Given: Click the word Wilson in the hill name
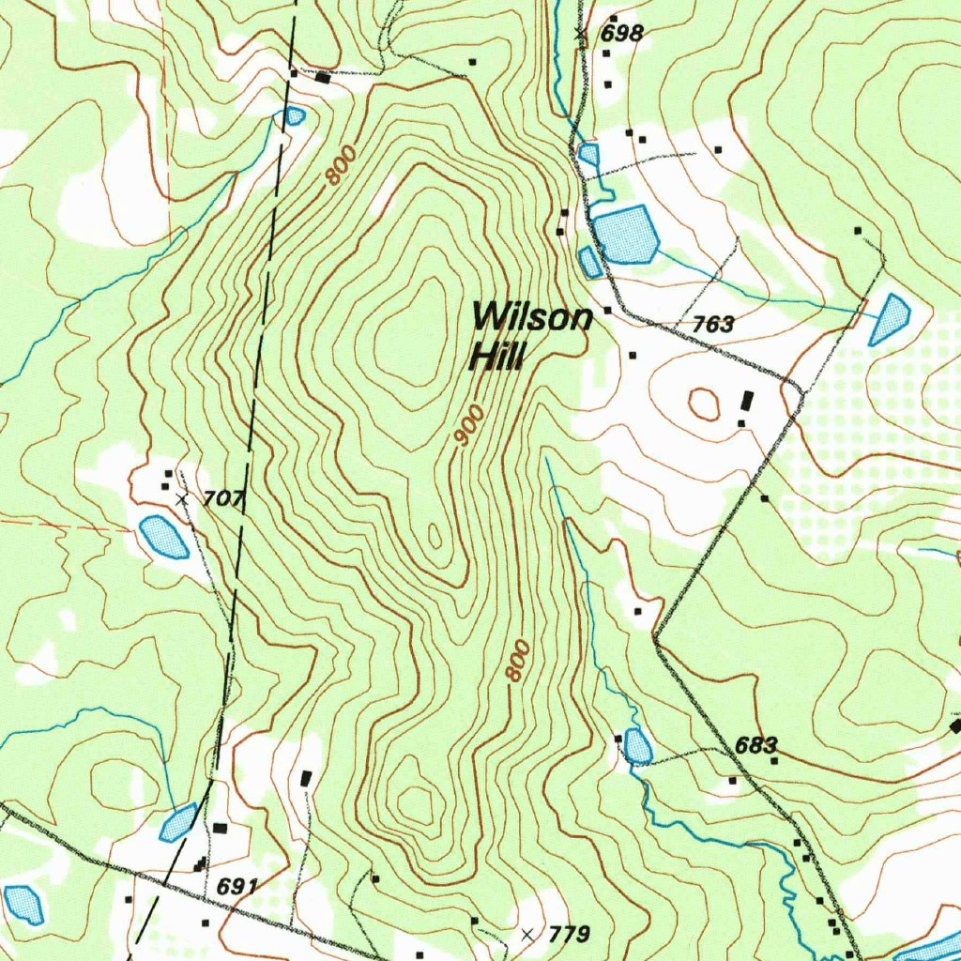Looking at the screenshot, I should (532, 318).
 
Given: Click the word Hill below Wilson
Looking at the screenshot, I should (498, 357).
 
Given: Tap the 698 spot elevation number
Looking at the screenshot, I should (622, 34).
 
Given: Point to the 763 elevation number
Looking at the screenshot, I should (713, 326).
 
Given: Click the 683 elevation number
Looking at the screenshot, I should (755, 746).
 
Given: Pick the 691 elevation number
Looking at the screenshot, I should (236, 887).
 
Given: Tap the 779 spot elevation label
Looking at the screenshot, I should (568, 935).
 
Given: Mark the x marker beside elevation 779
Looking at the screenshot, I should (527, 935).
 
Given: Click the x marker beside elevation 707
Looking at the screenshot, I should (182, 500).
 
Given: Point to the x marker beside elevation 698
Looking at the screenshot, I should (580, 34).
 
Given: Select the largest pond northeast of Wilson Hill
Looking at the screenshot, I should (625, 234).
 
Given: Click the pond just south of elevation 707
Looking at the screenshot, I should (163, 537).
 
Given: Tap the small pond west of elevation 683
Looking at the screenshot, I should (638, 747).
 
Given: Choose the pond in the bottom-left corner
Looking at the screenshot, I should (23, 904).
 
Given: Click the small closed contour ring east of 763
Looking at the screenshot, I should (704, 404).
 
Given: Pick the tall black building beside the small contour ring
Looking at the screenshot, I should (747, 402).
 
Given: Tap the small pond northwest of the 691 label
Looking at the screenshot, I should (177, 823).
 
